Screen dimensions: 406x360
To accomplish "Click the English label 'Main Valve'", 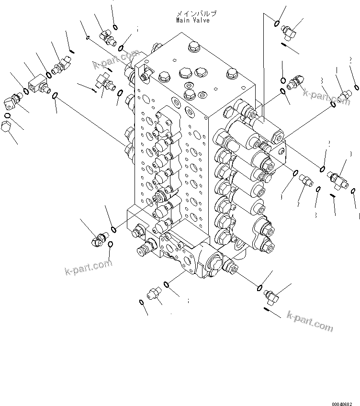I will pos(192,21).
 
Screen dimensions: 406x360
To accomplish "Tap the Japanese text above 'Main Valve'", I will pos(192,14).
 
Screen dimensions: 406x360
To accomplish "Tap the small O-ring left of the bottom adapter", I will pos(142,302).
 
